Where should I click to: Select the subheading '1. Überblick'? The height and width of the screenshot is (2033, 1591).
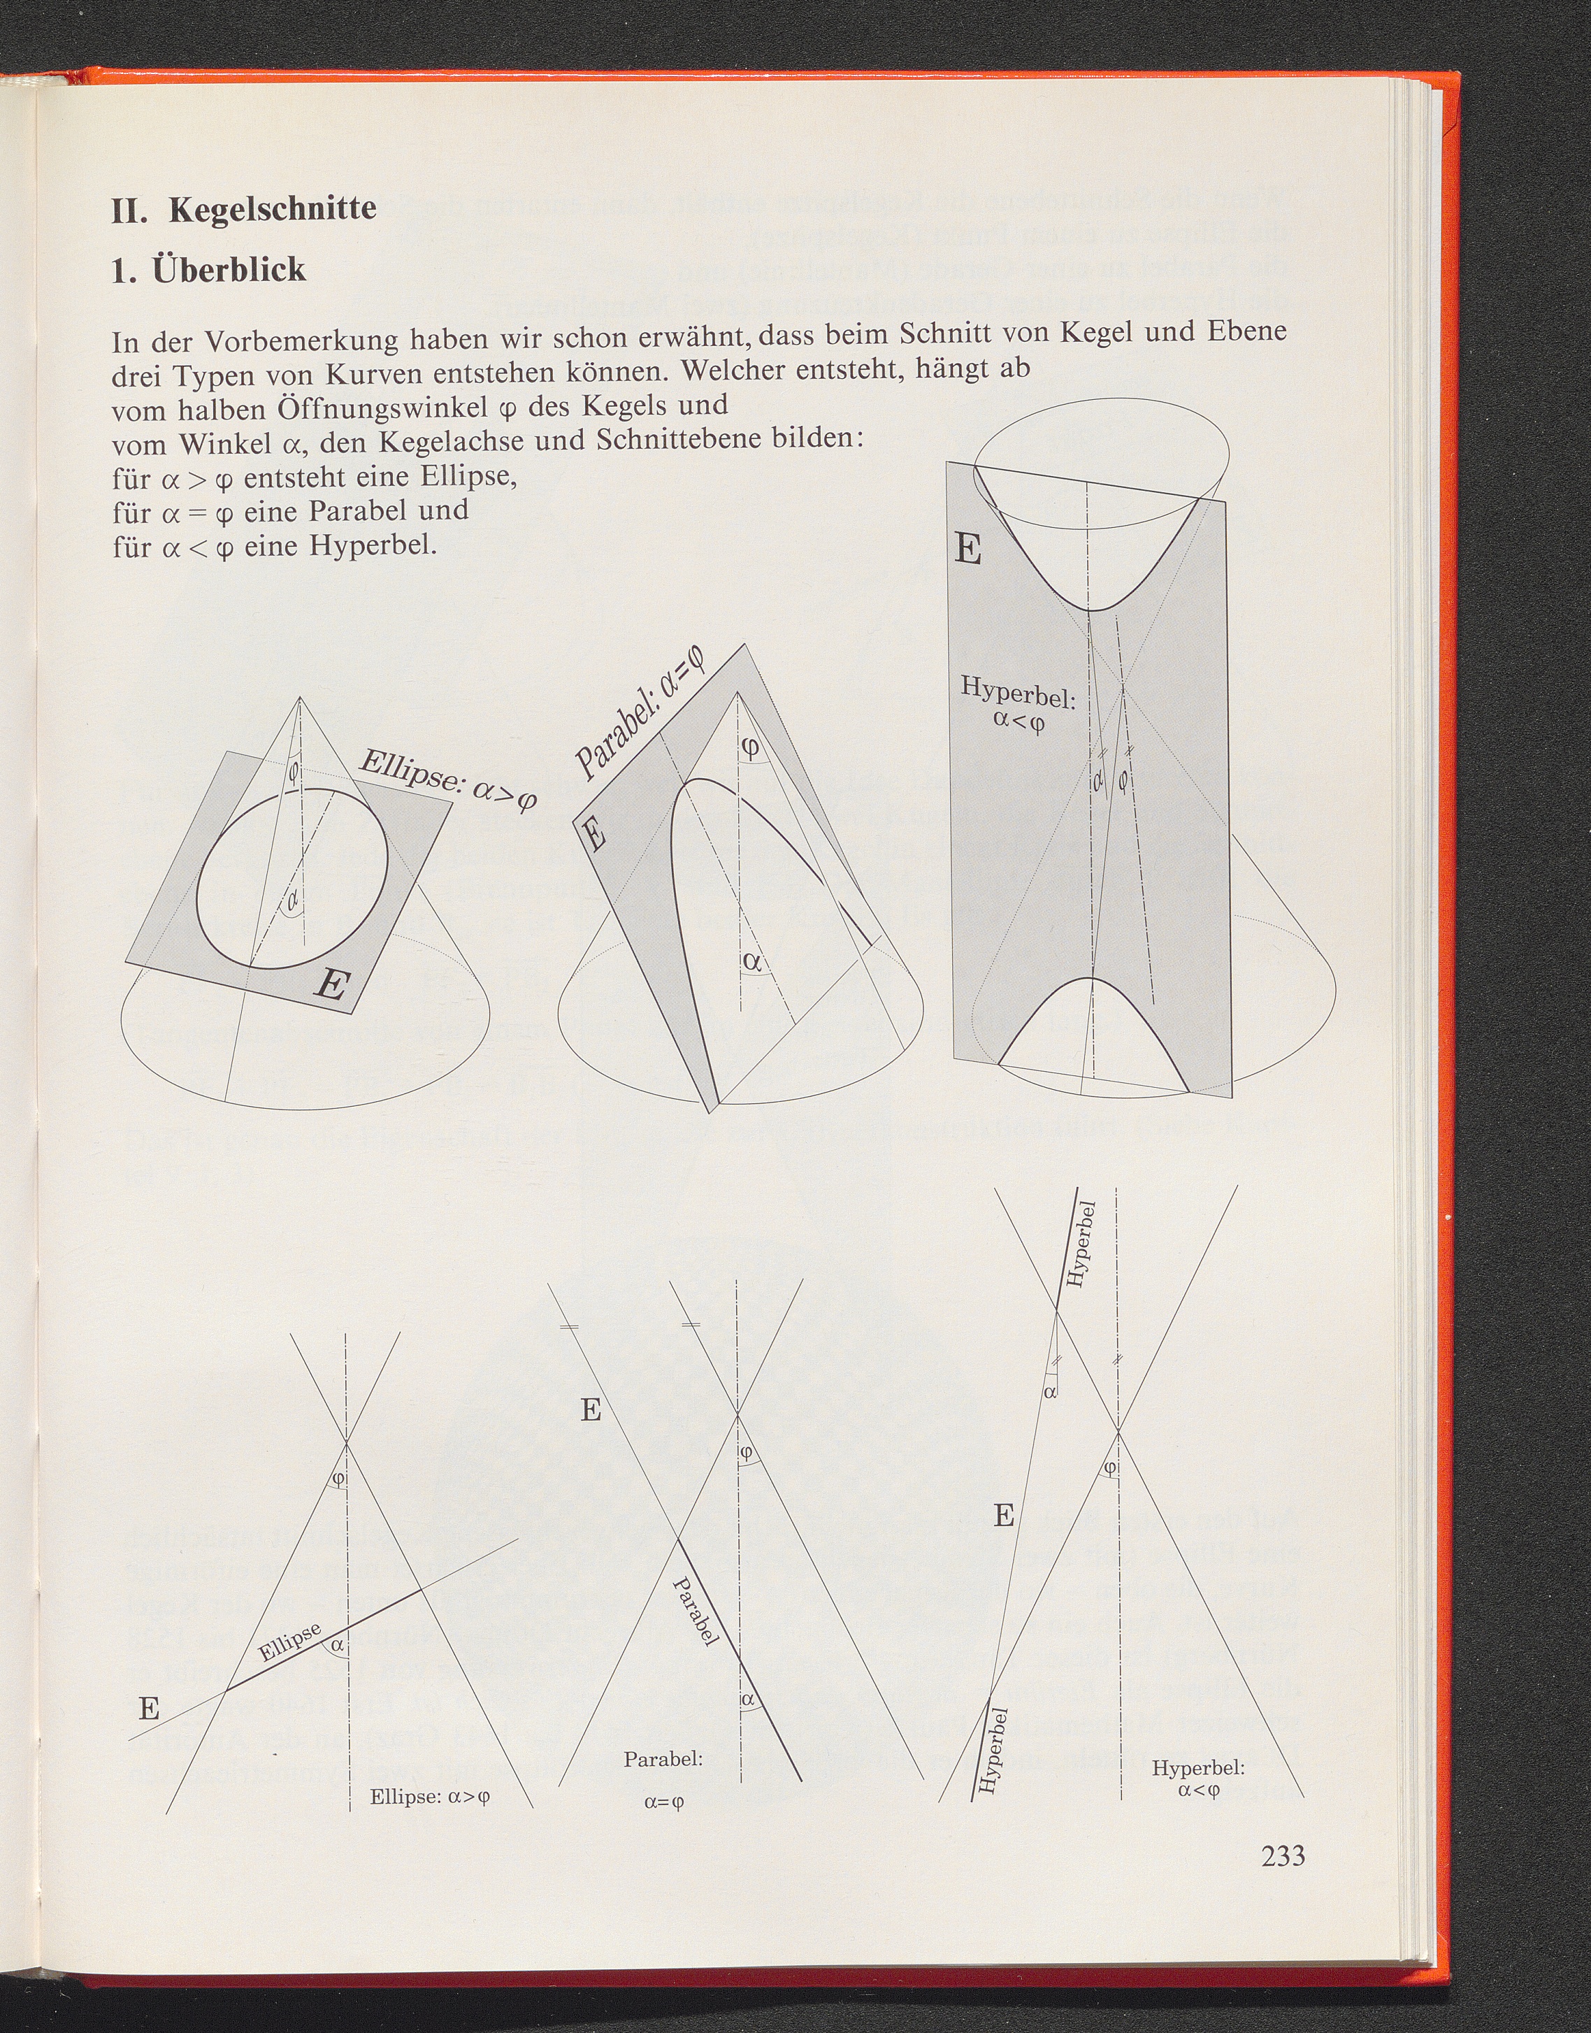[x=208, y=269]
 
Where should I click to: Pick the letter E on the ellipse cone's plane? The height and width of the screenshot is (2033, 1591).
[x=333, y=985]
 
